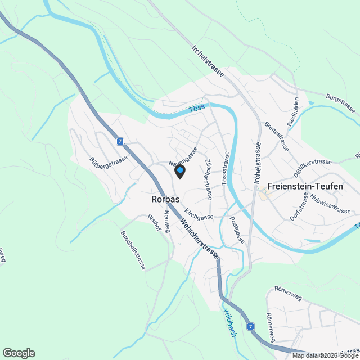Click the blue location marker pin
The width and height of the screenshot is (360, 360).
[x=180, y=171]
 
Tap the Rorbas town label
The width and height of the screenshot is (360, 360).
[x=165, y=199]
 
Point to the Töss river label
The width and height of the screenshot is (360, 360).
[x=196, y=108]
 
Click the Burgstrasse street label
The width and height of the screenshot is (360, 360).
[x=341, y=103]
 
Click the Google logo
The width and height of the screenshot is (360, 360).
[x=19, y=353]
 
